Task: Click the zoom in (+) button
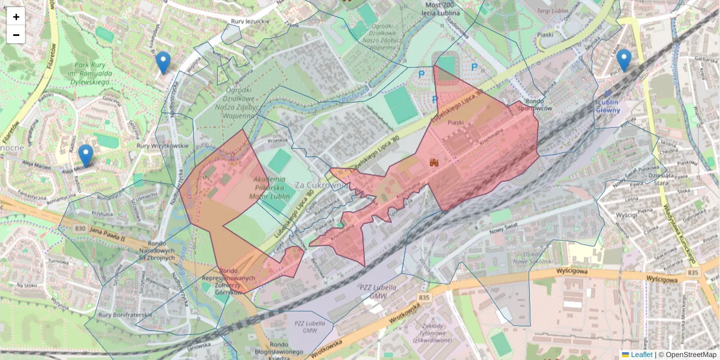tap(16, 17)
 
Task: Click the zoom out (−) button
tap(16, 35)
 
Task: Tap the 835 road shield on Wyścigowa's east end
tap(694, 273)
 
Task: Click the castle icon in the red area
tap(434, 162)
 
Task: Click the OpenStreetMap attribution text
tap(688, 355)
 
